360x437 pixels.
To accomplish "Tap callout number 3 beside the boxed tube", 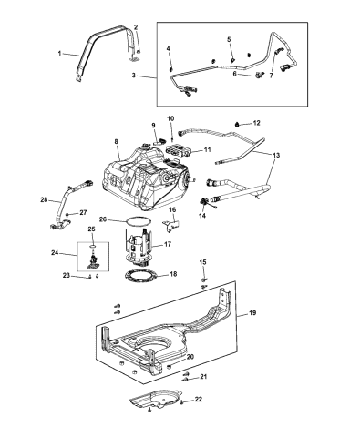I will [136, 78].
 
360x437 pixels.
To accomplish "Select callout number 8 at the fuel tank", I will [117, 142].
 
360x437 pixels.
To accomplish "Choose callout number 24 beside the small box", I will [54, 253].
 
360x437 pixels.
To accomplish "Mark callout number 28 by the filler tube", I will [44, 198].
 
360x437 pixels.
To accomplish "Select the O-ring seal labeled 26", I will [138, 221].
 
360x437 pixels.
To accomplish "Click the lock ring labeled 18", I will [146, 279].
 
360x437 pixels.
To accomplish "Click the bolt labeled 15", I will [204, 279].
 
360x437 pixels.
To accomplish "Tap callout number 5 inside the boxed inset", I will [230, 41].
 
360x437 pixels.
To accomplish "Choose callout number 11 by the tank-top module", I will [207, 149].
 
